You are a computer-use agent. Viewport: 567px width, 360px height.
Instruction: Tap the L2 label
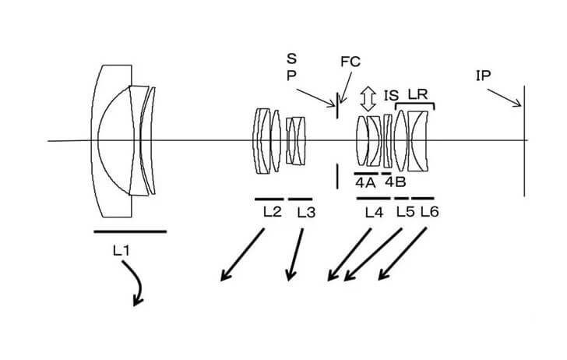pyautogui.click(x=270, y=211)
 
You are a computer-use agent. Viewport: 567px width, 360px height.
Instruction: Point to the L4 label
pyautogui.click(x=374, y=211)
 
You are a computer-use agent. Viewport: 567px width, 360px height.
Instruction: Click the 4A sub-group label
pyautogui.click(x=365, y=182)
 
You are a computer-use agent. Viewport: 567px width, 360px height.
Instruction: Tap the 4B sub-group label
pyautogui.click(x=395, y=182)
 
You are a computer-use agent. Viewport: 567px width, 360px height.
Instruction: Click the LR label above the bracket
pyautogui.click(x=418, y=94)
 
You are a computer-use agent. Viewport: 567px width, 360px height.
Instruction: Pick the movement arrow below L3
pyautogui.click(x=295, y=253)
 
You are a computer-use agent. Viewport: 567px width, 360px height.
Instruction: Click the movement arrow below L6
pyautogui.click(x=403, y=253)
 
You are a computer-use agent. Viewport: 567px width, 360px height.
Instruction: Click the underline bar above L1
pyautogui.click(x=129, y=231)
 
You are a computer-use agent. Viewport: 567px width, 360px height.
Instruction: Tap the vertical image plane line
pyautogui.click(x=524, y=140)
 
